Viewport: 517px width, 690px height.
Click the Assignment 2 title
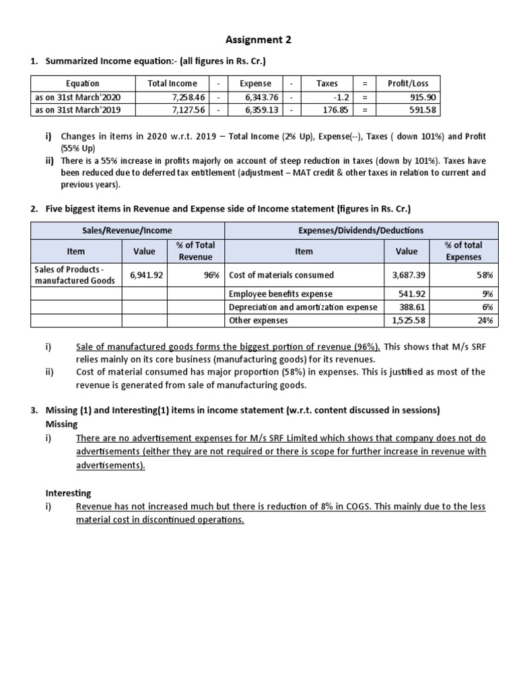point(258,40)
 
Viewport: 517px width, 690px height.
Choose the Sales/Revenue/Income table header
point(127,230)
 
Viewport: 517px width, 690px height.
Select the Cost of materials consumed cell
point(272,275)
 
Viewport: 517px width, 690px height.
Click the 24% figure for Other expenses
point(485,320)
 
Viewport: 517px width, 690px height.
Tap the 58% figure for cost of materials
point(485,275)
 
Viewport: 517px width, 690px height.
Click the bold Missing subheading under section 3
point(61,424)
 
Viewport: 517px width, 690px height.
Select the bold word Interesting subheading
point(68,493)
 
